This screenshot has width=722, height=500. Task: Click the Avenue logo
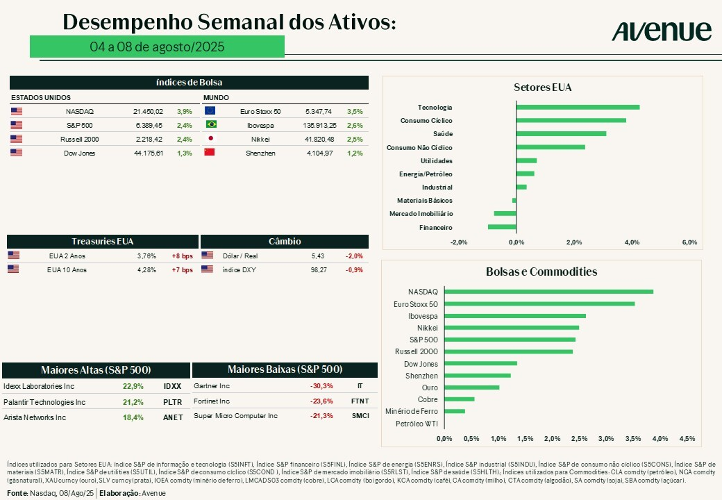pyautogui.click(x=662, y=31)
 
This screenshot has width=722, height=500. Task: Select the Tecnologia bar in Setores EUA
pyautogui.click(x=578, y=107)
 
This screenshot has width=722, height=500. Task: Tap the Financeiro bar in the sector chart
pyautogui.click(x=502, y=227)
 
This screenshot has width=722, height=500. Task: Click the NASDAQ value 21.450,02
pyautogui.click(x=148, y=111)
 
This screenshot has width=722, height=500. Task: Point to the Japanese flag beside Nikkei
pyautogui.click(x=210, y=139)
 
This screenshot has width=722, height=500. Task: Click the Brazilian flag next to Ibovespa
pyautogui.click(x=210, y=125)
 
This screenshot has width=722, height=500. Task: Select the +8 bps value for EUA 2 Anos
pyautogui.click(x=182, y=256)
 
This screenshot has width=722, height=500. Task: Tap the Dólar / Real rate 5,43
pyautogui.click(x=318, y=256)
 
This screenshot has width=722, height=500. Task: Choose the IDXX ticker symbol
pyautogui.click(x=172, y=386)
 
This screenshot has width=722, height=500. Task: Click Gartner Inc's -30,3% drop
pyautogui.click(x=321, y=385)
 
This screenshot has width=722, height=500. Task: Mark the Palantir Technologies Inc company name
pyautogui.click(x=44, y=402)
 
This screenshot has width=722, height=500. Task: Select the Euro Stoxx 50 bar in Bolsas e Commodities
pyautogui.click(x=539, y=303)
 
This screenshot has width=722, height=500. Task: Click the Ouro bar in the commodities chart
pyautogui.click(x=471, y=387)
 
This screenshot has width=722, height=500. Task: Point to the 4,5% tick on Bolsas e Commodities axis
pyautogui.click(x=687, y=438)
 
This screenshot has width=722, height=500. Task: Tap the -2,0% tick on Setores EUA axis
pyautogui.click(x=459, y=242)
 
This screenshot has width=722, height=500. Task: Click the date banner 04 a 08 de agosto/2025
pyautogui.click(x=157, y=47)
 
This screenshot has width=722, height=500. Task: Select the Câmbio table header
pyautogui.click(x=285, y=241)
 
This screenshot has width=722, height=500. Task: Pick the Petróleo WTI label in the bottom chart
pyautogui.click(x=417, y=424)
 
